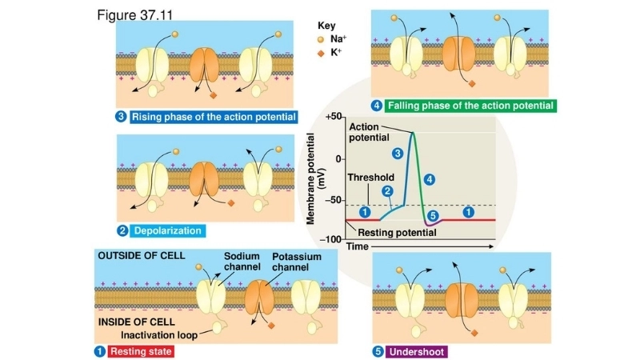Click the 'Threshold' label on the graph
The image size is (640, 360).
[x=370, y=178]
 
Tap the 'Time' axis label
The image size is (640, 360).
[x=358, y=247]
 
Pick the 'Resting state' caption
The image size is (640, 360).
[x=140, y=351]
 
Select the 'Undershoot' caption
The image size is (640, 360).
[x=417, y=351]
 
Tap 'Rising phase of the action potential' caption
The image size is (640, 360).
[x=214, y=117]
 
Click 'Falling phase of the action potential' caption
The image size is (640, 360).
[x=470, y=105]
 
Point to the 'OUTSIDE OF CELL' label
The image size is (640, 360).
[x=141, y=256]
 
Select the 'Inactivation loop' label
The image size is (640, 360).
[x=166, y=334]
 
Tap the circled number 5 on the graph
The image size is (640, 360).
[x=433, y=215]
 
